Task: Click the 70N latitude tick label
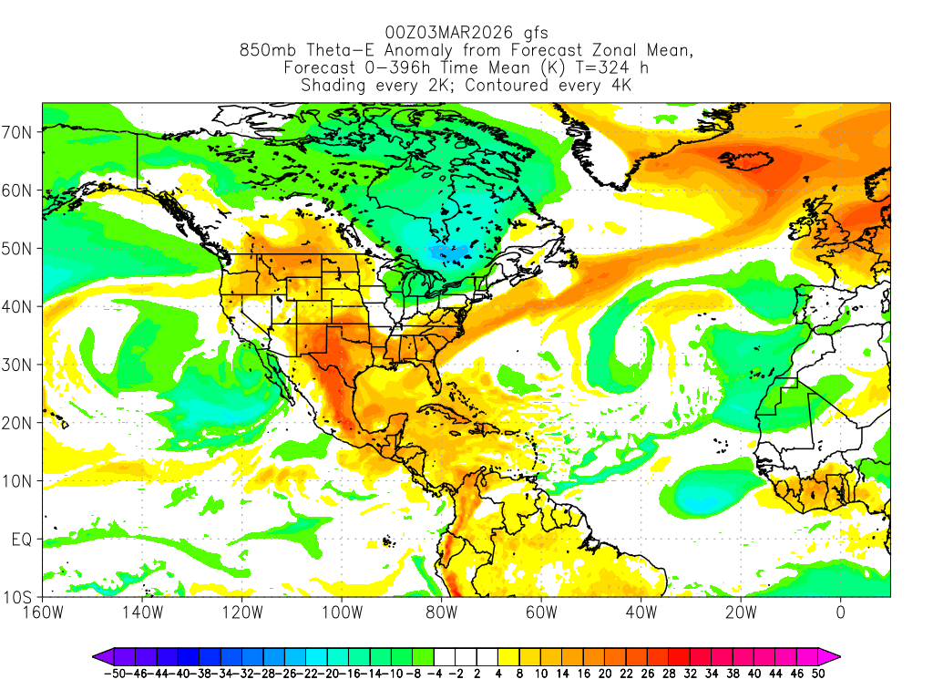[x=19, y=132]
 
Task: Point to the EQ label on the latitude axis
[x=22, y=540]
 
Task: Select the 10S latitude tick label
[x=19, y=598]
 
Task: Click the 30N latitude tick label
[x=19, y=365]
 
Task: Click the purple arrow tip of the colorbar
[x=97, y=655]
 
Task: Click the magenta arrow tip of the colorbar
[x=835, y=655]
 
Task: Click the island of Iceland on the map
[x=747, y=161]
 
